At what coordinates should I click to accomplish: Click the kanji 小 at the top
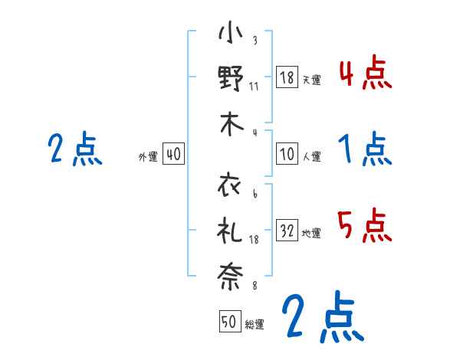coord(231,35)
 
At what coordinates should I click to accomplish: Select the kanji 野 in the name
coord(231,78)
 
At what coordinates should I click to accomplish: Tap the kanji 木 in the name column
coord(231,124)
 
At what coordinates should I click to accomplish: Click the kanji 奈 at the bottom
coord(231,276)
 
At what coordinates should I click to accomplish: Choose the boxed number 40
coord(172,154)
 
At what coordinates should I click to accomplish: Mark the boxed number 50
coord(230,322)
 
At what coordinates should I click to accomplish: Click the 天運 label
coord(311,79)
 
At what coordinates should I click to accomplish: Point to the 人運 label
coord(311,156)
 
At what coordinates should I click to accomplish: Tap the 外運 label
coord(148,156)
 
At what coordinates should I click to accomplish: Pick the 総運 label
coord(255,324)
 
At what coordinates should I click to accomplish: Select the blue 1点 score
coord(364,149)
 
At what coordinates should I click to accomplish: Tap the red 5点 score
coord(364,227)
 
